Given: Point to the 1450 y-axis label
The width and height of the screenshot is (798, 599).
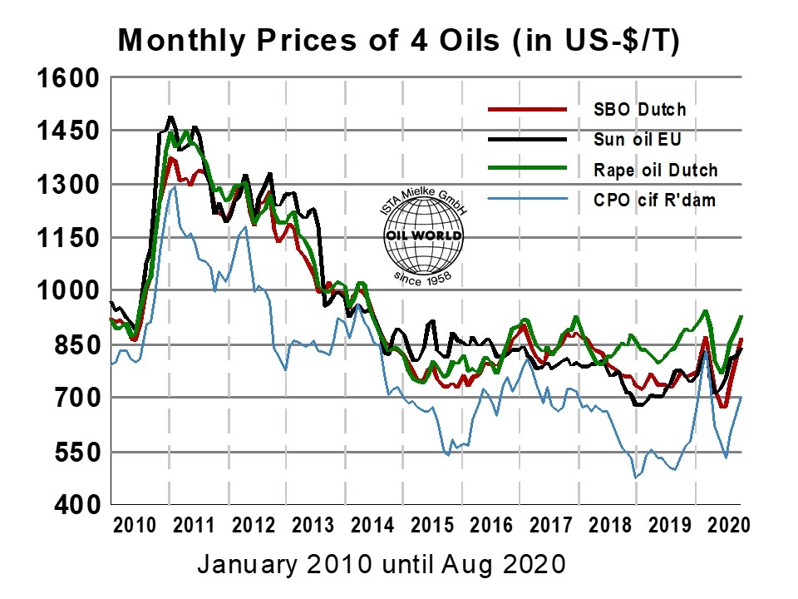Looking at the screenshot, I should tap(69, 131).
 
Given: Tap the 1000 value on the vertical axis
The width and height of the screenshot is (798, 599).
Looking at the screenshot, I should tap(69, 292).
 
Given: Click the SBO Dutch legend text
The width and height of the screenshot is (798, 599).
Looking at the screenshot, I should tap(640, 109).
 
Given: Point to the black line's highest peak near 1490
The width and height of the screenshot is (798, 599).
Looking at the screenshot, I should tap(170, 117).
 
